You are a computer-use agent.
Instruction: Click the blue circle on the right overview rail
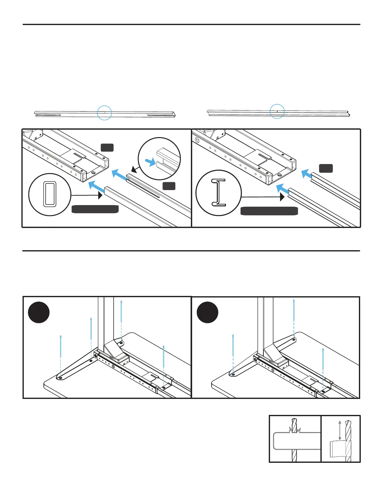(x=277, y=111)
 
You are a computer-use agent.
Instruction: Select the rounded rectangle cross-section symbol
(x=50, y=194)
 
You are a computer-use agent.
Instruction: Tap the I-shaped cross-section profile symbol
(x=218, y=193)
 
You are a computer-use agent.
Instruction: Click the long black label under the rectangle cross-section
(x=95, y=209)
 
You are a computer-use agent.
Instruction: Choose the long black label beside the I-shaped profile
(x=269, y=211)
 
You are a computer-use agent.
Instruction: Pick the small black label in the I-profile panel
(x=326, y=168)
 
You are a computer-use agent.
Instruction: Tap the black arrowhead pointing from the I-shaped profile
(x=282, y=197)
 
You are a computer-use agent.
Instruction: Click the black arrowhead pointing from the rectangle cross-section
(x=100, y=195)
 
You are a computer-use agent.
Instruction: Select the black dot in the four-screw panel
(x=39, y=312)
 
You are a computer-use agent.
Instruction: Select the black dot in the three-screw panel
(x=207, y=312)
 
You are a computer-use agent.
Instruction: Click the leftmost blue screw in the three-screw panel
(x=233, y=346)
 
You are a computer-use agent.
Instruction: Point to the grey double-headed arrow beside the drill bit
(x=340, y=431)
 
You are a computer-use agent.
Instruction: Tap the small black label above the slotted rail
(x=107, y=147)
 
